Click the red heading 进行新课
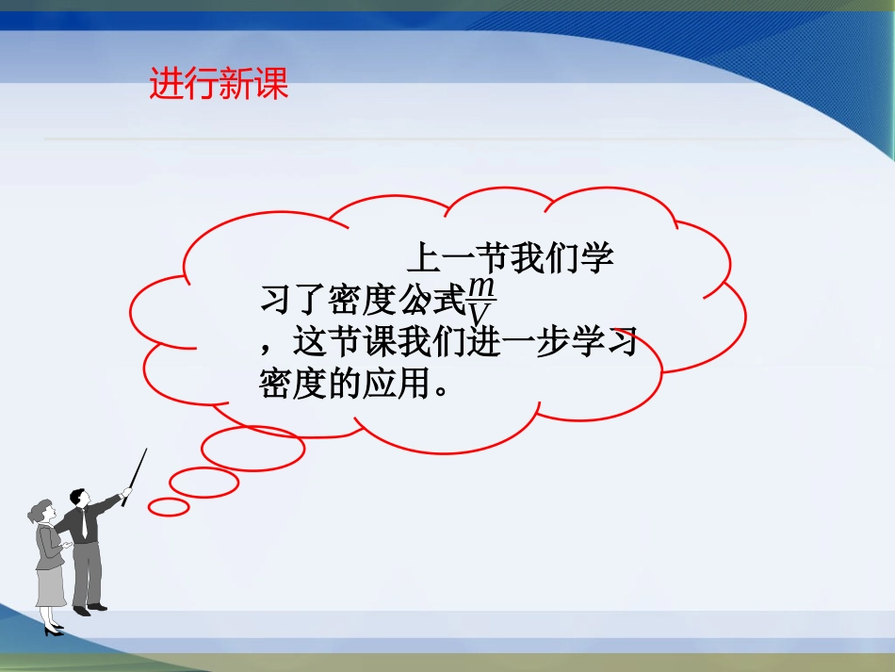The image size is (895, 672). [219, 85]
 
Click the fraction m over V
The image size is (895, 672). [481, 301]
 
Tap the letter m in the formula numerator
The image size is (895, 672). [481, 286]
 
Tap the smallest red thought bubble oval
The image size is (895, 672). [170, 507]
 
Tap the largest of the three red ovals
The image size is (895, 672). [252, 449]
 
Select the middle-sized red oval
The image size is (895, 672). [203, 483]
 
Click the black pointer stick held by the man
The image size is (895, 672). [135, 477]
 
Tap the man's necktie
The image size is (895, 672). [84, 524]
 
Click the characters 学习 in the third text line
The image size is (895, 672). [603, 341]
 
